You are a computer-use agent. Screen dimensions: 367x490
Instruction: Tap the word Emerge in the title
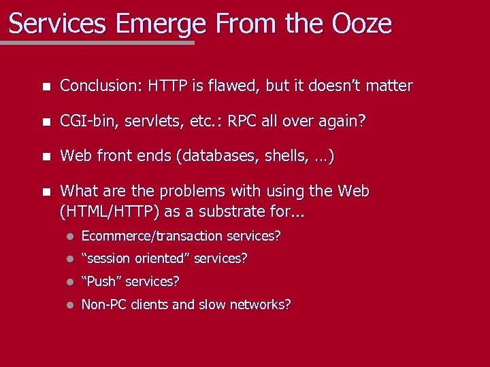[161, 25]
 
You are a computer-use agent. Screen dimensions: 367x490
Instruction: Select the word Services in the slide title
[58, 24]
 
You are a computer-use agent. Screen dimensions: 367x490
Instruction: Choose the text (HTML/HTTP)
[109, 211]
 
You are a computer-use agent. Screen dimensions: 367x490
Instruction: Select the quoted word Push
[102, 281]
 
